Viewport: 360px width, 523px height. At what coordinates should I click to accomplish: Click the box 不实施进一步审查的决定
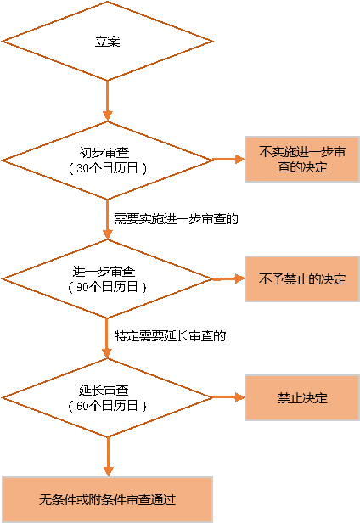tap(302, 159)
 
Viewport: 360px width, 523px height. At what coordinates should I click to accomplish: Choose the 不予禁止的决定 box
tap(302, 278)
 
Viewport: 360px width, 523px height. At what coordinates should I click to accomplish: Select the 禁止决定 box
tap(302, 397)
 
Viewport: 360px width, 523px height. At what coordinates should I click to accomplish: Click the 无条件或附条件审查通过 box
tap(107, 499)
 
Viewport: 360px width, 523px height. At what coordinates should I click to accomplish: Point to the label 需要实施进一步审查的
tap(176, 219)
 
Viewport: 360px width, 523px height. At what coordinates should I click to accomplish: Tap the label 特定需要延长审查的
tap(170, 335)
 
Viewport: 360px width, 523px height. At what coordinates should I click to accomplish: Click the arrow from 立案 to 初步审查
tap(107, 100)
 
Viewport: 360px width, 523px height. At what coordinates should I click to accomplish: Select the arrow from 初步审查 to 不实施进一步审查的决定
tap(228, 159)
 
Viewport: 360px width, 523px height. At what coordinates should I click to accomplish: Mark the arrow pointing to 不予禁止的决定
tap(228, 278)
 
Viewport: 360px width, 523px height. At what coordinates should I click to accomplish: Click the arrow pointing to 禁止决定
tap(228, 397)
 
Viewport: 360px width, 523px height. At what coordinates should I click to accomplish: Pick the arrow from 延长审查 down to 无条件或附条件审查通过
tap(108, 457)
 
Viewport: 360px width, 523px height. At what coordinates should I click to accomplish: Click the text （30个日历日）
tap(107, 168)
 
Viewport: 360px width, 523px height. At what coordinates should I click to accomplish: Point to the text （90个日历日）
tap(107, 287)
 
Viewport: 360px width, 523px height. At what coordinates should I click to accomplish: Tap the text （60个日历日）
tap(107, 406)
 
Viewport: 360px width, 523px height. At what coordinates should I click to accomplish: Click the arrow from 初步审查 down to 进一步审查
tap(107, 219)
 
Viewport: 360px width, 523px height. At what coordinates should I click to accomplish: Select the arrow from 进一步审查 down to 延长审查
tap(107, 338)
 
